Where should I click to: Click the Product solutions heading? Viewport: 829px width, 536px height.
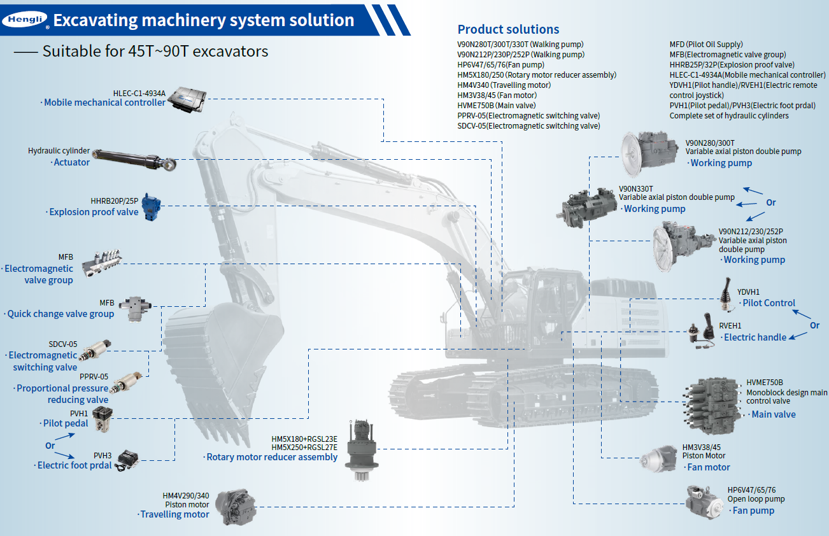click(x=508, y=29)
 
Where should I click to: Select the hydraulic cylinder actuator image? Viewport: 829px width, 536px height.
click(x=133, y=159)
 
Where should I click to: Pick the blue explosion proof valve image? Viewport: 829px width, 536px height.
click(x=151, y=204)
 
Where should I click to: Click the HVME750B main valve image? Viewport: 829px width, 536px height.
click(x=711, y=400)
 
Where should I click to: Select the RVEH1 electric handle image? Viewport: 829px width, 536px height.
click(x=703, y=330)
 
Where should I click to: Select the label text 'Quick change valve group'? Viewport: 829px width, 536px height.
click(x=60, y=314)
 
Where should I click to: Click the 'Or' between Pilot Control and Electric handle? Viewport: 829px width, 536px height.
click(x=814, y=325)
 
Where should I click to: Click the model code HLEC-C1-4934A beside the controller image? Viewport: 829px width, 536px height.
click(x=139, y=93)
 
